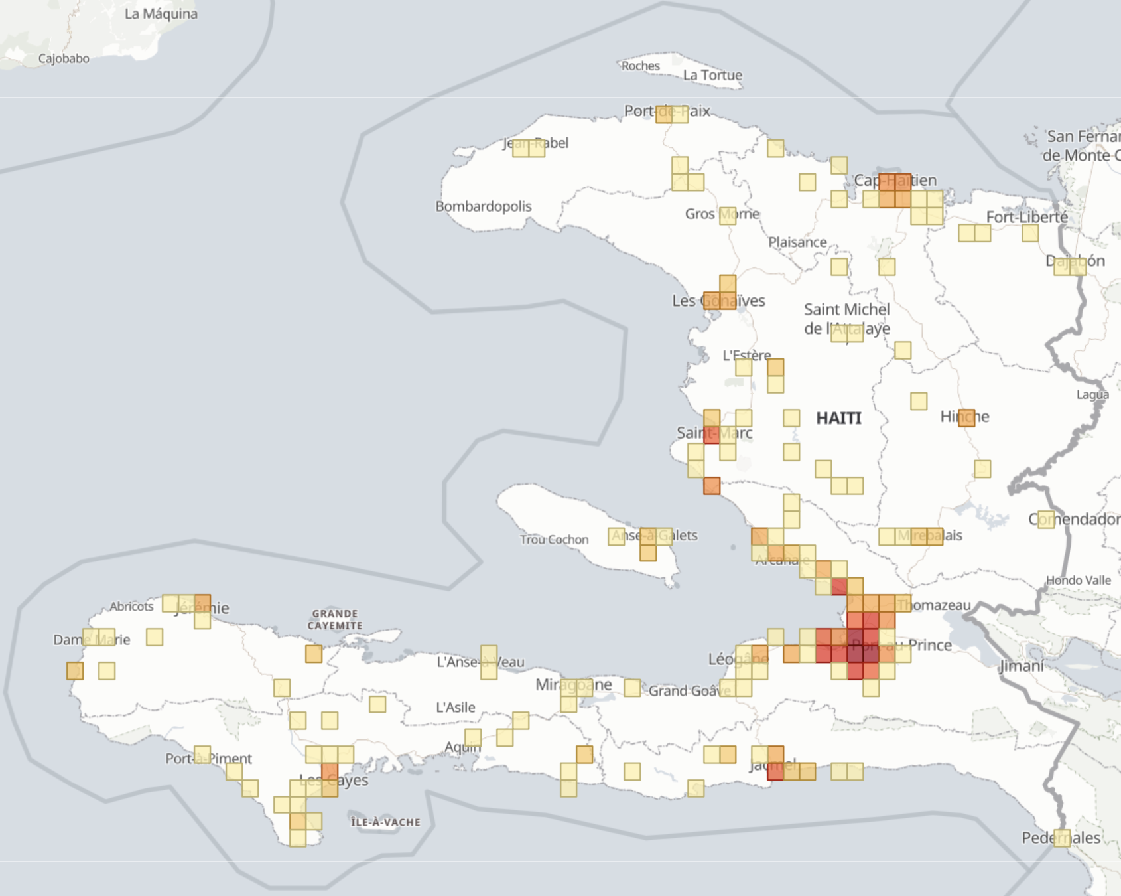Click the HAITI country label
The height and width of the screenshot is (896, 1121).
(x=838, y=418)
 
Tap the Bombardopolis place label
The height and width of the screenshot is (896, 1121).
(x=483, y=206)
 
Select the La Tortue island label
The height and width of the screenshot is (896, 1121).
(x=712, y=76)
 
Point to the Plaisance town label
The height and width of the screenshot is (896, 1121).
(x=797, y=242)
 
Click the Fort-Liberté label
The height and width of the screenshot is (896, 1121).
(x=1026, y=217)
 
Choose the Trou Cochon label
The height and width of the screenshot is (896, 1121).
(x=554, y=540)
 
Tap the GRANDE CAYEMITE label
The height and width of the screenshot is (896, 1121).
(x=334, y=619)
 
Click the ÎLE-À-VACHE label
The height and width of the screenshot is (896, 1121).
(x=385, y=822)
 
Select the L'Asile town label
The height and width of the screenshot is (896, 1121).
(x=456, y=708)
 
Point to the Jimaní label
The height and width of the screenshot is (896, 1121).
(x=1021, y=666)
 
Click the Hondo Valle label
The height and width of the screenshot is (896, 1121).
(x=1078, y=581)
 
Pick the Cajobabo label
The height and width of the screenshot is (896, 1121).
(x=64, y=59)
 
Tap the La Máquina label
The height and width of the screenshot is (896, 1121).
(x=161, y=14)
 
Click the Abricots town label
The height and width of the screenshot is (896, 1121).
(x=131, y=607)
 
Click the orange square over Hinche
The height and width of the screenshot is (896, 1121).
(x=966, y=417)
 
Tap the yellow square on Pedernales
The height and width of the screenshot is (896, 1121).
(x=1062, y=838)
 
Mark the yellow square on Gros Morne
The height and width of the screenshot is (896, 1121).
(x=728, y=215)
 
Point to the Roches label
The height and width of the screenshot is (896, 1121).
(x=640, y=66)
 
